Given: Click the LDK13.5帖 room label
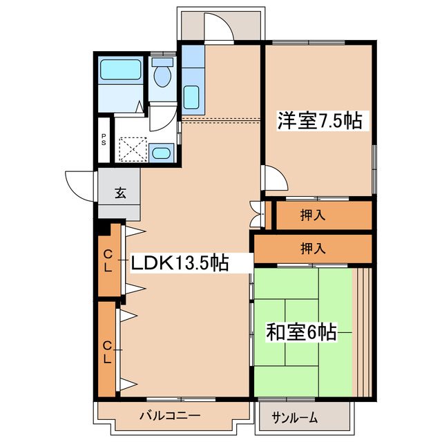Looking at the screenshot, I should [x=180, y=262].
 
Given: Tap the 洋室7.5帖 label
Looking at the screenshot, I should [x=320, y=121].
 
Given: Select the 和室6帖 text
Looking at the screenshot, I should [x=301, y=333].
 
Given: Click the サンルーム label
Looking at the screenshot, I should [x=295, y=417].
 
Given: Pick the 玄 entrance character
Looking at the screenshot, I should [x=119, y=193].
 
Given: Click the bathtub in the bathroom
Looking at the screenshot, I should [x=121, y=70].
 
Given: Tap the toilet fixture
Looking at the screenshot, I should [x=163, y=75].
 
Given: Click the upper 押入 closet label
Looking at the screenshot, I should [x=313, y=215].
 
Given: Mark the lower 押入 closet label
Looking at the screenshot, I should [x=313, y=247].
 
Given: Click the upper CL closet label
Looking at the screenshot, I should [x=108, y=262].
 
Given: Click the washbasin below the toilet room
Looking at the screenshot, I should [x=164, y=153].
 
